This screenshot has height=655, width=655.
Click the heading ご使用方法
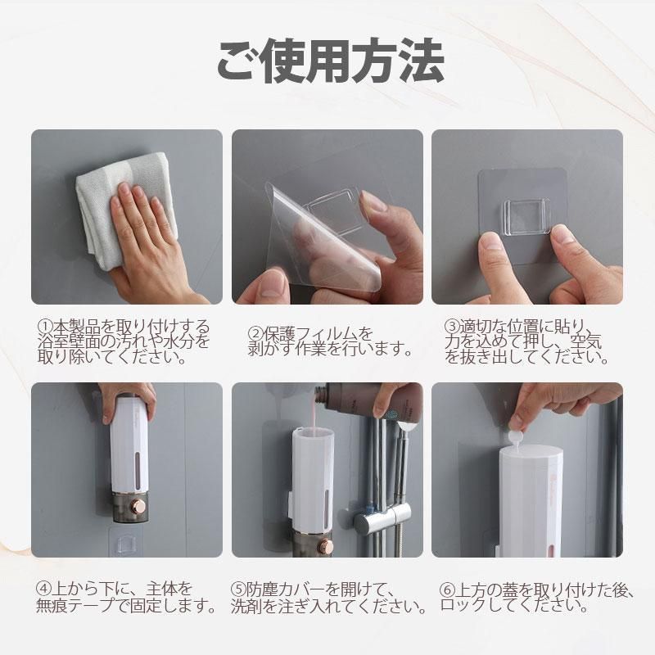[330, 61]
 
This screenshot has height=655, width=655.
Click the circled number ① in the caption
[44, 326]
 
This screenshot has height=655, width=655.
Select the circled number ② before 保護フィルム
[255, 334]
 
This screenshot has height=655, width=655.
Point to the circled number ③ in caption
[451, 326]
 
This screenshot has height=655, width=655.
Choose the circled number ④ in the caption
[43, 589]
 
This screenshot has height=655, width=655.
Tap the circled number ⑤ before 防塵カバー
[237, 589]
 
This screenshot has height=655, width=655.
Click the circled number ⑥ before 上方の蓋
[447, 590]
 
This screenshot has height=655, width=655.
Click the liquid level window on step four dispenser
[138, 467]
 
